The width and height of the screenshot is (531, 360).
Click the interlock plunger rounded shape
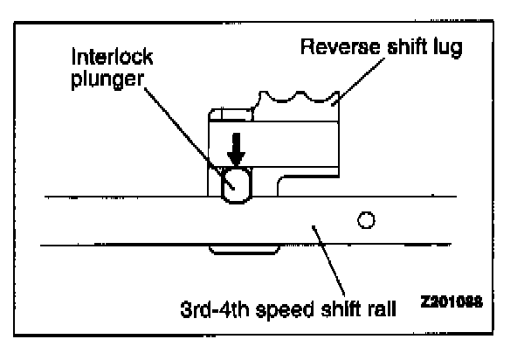[x=234, y=184]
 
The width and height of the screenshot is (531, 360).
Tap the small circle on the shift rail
[x=367, y=218]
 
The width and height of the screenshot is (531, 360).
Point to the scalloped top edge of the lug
[x=297, y=101]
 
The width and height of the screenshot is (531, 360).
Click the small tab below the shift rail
[x=244, y=250]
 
